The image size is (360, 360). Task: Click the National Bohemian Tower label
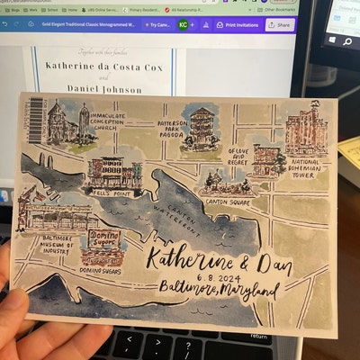[x=310, y=167]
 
